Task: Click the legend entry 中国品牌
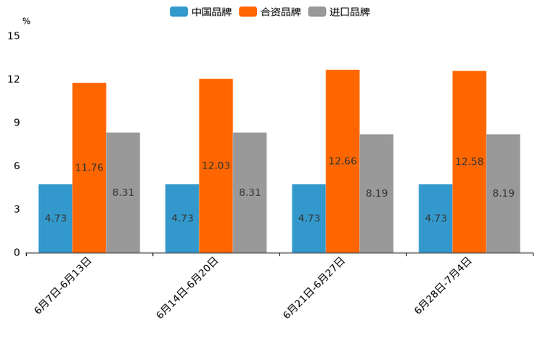point(201,12)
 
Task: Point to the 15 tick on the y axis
point(13,36)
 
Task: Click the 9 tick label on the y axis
point(16,123)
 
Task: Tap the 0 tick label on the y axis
point(16,253)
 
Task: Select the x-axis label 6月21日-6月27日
point(315,287)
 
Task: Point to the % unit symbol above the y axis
point(26,21)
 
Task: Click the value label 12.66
point(343,161)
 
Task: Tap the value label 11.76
point(89,168)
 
